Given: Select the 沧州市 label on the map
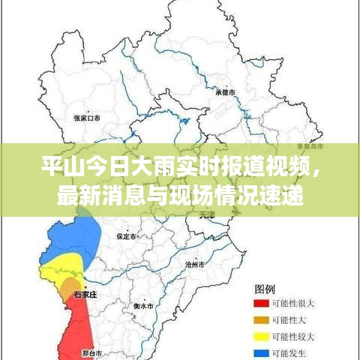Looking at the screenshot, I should point(195,265).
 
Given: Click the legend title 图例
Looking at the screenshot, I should point(265,288).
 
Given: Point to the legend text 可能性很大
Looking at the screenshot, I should point(292,304).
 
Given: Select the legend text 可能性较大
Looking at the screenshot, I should point(292,335).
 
